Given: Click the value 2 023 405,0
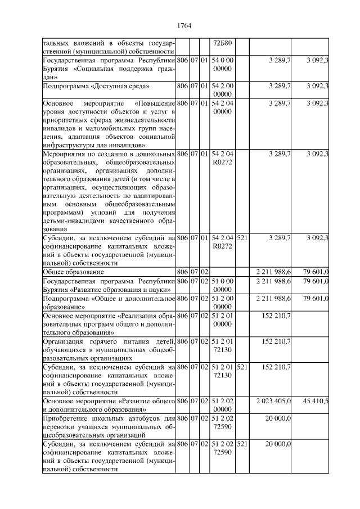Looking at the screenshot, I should pyautogui.click(x=273, y=401).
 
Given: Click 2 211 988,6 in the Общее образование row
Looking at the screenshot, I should pyautogui.click(x=273, y=272).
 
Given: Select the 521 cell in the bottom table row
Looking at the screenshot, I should pyautogui.click(x=242, y=444).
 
